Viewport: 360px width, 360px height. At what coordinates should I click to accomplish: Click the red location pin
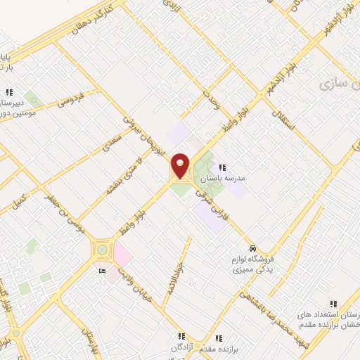click(x=181, y=165)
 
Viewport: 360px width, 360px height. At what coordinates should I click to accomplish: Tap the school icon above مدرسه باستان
click(x=223, y=167)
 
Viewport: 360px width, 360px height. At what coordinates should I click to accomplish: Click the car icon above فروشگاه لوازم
click(x=252, y=250)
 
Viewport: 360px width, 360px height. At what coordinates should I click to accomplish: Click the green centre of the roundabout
click(x=103, y=249)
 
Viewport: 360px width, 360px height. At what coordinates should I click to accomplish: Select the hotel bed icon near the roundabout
click(x=103, y=271)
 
